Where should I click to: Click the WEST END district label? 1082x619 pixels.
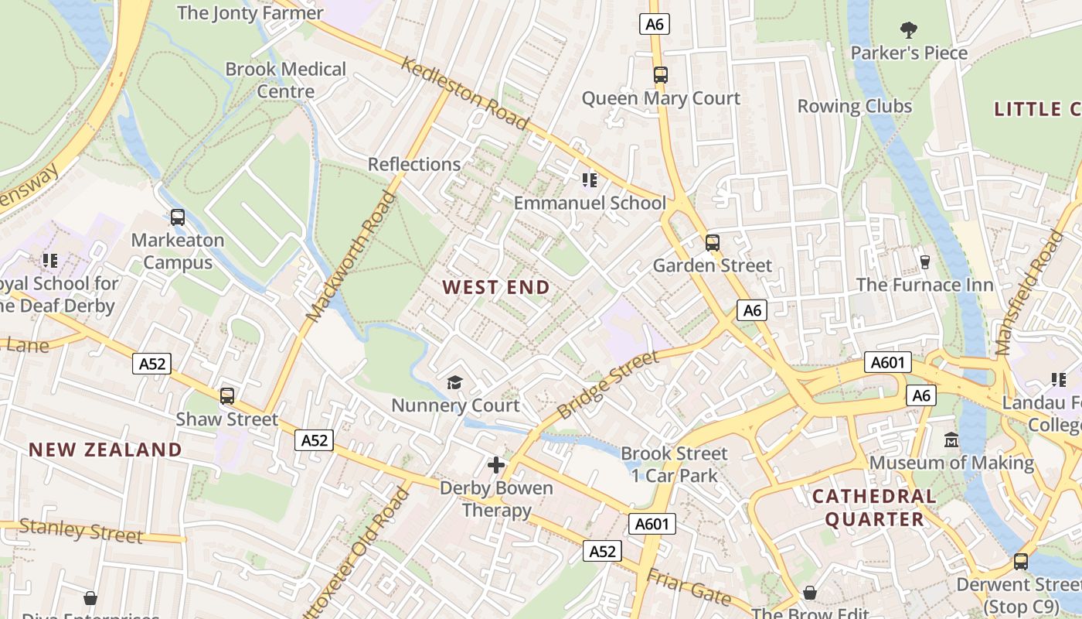pyautogui.click(x=496, y=287)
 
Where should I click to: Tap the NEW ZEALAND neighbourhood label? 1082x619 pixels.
pyautogui.click(x=105, y=450)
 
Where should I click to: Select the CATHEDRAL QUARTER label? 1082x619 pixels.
pyautogui.click(x=874, y=508)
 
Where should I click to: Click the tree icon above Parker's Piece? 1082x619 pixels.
pyautogui.click(x=909, y=30)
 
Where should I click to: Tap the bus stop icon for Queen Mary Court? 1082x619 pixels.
pyautogui.click(x=660, y=75)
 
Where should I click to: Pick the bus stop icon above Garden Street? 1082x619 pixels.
pyautogui.click(x=712, y=243)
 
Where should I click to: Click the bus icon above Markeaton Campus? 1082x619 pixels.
pyautogui.click(x=178, y=217)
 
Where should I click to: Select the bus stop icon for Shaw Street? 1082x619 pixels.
pyautogui.click(x=226, y=396)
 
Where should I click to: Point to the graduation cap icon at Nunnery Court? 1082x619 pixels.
pyautogui.click(x=455, y=382)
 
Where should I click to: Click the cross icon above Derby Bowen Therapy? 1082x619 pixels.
pyautogui.click(x=496, y=465)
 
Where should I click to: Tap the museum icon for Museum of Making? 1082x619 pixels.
pyautogui.click(x=951, y=439)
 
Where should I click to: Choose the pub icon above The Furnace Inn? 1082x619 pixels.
pyautogui.click(x=924, y=262)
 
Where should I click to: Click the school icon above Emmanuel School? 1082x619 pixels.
pyautogui.click(x=590, y=180)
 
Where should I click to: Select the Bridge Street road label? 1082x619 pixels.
pyautogui.click(x=607, y=385)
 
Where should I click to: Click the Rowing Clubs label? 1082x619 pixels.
pyautogui.click(x=855, y=106)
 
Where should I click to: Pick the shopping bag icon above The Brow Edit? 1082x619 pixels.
pyautogui.click(x=809, y=593)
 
